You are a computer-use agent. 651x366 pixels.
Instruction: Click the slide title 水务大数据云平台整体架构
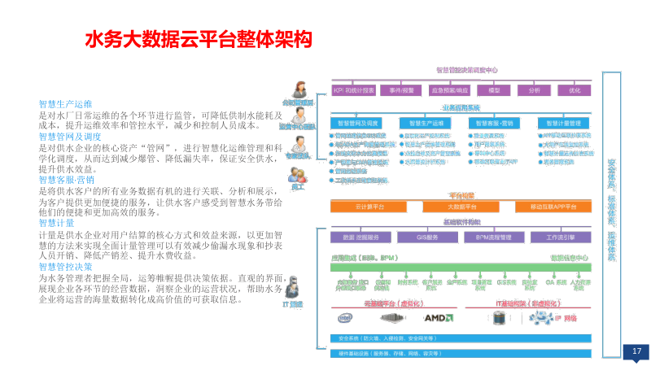point(199,39)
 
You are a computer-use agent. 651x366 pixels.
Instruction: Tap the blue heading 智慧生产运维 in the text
point(65,105)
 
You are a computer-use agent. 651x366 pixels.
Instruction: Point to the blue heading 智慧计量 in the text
point(56,223)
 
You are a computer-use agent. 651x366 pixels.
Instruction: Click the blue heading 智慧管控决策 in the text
point(65,267)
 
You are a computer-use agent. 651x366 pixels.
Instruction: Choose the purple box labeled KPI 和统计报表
point(353,89)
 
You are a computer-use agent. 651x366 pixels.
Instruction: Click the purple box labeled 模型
point(494,89)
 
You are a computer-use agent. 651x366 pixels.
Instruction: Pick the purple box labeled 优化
point(575,89)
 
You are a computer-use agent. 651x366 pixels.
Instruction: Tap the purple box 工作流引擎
point(561,237)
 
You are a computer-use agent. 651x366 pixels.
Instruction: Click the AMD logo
point(439,317)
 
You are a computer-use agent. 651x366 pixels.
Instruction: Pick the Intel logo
point(345,317)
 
